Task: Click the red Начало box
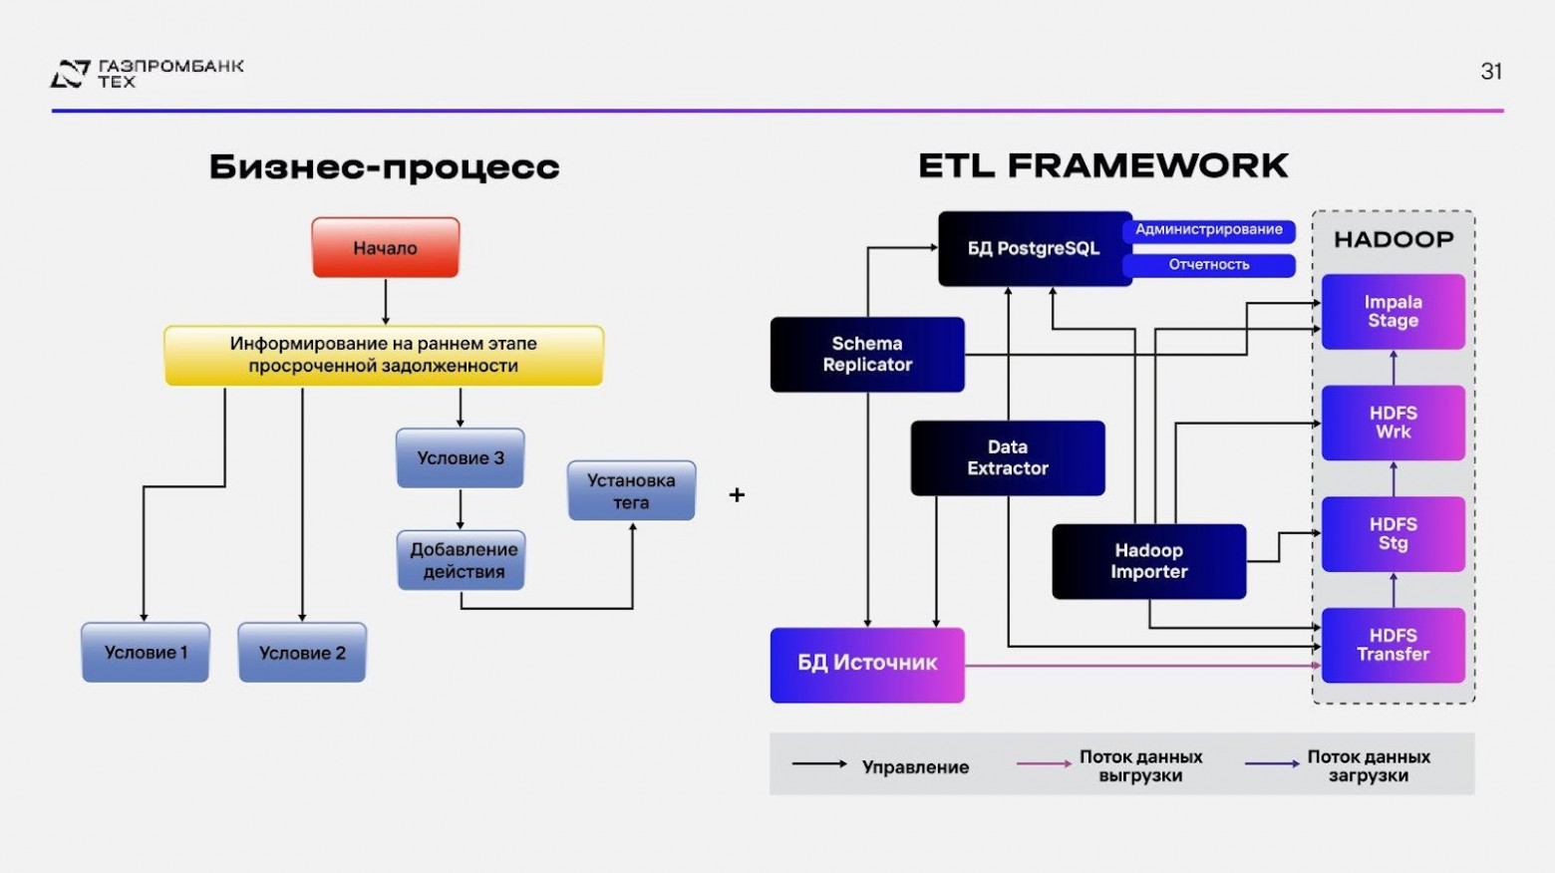[385, 247]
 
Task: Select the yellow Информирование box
[384, 355]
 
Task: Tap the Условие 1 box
[146, 653]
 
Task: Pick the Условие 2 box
[302, 653]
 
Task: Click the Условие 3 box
[461, 458]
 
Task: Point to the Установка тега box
[631, 491]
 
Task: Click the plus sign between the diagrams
[737, 494]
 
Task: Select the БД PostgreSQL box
[1033, 248]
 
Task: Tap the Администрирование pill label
[1208, 230]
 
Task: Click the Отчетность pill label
[1208, 265]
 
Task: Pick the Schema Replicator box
[867, 355]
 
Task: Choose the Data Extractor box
[1008, 458]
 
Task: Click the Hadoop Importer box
[1148, 561]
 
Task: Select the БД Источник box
[867, 664]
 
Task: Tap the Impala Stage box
[1393, 312]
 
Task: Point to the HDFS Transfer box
[1393, 645]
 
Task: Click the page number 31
[1491, 72]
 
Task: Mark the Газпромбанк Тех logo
[148, 73]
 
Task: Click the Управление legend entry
[881, 766]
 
